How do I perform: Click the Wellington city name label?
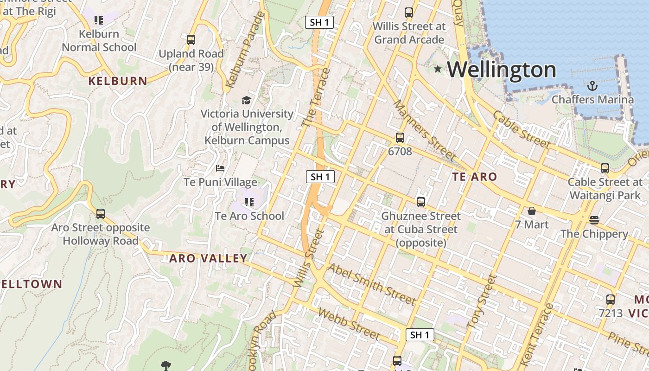tap(502, 70)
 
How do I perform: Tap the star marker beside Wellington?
tap(438, 69)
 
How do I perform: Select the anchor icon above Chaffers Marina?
tap(592, 86)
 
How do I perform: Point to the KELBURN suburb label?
tap(118, 81)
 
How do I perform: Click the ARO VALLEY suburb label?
tap(208, 258)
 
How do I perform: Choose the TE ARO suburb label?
tap(474, 177)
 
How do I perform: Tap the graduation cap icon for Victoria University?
tap(247, 100)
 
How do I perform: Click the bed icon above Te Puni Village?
tap(220, 168)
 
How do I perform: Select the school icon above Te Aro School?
tap(249, 202)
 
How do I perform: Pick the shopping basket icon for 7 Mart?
tap(532, 211)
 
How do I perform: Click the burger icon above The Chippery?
tap(594, 220)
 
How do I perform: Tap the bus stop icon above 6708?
tap(400, 138)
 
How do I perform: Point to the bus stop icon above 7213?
tap(611, 300)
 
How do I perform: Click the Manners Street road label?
tap(424, 129)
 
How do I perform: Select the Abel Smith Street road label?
tap(372, 284)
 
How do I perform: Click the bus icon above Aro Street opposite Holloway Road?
tap(101, 214)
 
